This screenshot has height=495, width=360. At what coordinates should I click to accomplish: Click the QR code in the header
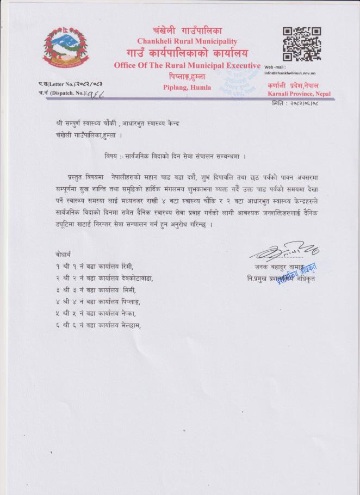[x=302, y=44]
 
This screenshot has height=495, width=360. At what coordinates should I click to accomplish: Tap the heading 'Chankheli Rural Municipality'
[x=187, y=41]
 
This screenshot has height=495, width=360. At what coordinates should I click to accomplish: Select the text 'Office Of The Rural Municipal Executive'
[x=187, y=65]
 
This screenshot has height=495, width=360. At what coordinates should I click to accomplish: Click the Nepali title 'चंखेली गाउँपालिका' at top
[x=187, y=30]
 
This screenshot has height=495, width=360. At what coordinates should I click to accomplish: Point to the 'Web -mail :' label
[x=275, y=66]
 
